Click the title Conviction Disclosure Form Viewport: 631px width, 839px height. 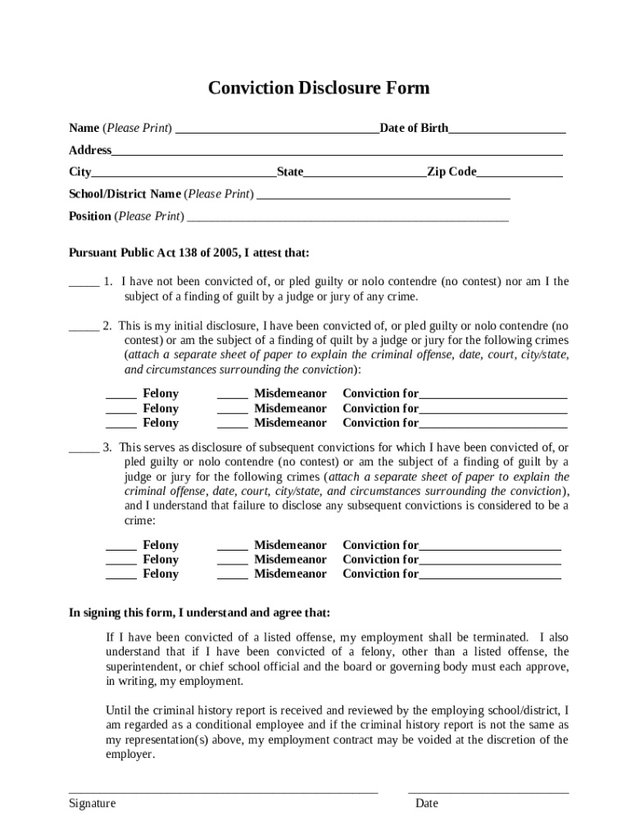[318, 88]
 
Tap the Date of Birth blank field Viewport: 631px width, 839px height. [506, 129]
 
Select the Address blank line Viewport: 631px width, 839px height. [337, 152]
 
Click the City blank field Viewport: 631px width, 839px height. [184, 173]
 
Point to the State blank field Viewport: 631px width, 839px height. [365, 173]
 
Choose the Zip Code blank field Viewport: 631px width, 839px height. [519, 173]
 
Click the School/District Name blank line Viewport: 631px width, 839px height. [384, 196]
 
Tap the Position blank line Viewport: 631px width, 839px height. [347, 218]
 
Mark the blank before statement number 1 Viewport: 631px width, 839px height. [84, 283]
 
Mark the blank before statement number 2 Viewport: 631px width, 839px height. [84, 327]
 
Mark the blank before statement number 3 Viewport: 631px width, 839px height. [84, 449]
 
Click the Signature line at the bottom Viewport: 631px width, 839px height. [223, 791]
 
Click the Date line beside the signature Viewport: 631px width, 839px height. [488, 791]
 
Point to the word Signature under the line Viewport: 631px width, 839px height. [92, 804]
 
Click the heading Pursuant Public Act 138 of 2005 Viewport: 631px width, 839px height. [188, 253]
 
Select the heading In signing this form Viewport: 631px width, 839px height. [199, 613]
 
